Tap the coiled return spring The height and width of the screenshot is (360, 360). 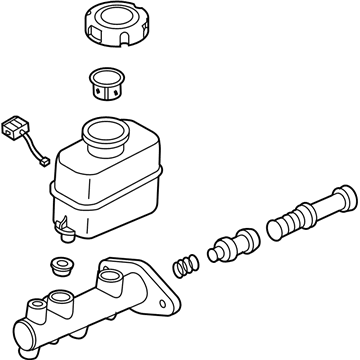[x=183, y=268]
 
